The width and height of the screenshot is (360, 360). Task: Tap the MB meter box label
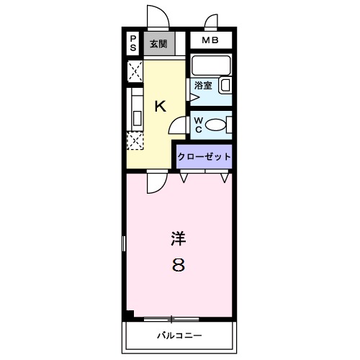pyautogui.click(x=210, y=40)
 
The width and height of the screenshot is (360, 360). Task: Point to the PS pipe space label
pyautogui.click(x=133, y=42)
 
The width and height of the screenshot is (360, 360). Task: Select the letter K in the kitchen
pyautogui.click(x=161, y=107)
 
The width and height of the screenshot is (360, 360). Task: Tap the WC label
pyautogui.click(x=197, y=125)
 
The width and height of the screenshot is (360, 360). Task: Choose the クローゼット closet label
pyautogui.click(x=205, y=156)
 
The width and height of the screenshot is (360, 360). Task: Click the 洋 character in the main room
pyautogui.click(x=178, y=238)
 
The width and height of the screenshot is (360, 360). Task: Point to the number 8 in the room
pyautogui.click(x=178, y=265)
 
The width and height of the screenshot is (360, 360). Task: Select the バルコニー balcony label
pyautogui.click(x=180, y=336)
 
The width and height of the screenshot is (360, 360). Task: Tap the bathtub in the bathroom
pyautogui.click(x=211, y=66)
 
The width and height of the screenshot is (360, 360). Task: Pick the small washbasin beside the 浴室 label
pyautogui.click(x=225, y=86)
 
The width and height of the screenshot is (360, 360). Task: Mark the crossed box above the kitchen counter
pyautogui.click(x=135, y=71)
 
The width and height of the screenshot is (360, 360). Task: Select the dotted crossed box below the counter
pyautogui.click(x=135, y=140)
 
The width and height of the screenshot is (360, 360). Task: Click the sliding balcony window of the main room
pyautogui.click(x=171, y=318)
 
